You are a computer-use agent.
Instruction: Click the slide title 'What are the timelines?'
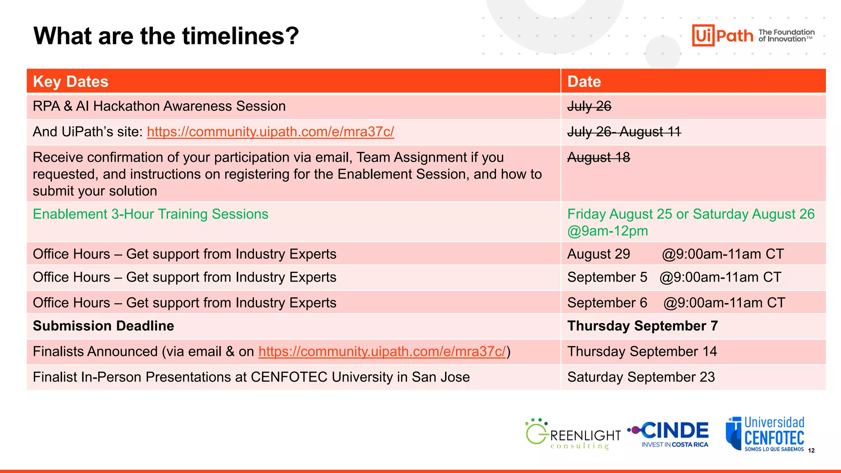166,36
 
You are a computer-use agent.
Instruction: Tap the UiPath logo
723,35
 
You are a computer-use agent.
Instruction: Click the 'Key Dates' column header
71,82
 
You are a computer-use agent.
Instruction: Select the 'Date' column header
584,82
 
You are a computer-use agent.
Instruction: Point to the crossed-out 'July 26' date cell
589,106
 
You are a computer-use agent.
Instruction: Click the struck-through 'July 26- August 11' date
624,132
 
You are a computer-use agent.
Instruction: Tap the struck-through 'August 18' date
598,157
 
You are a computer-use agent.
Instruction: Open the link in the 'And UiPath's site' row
270,132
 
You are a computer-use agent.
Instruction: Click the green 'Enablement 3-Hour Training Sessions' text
150,214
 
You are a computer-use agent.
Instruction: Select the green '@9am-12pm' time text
607,231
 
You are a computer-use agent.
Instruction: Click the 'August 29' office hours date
598,254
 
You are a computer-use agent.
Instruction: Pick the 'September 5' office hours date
607,277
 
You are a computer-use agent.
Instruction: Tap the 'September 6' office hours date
607,303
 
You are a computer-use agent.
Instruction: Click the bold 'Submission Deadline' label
103,326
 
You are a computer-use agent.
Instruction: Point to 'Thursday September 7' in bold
642,326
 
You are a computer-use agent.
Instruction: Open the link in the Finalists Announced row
382,351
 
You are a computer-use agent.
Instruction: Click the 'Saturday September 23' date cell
641,377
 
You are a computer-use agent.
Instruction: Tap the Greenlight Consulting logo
573,434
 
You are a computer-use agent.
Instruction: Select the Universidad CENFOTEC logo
765,434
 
